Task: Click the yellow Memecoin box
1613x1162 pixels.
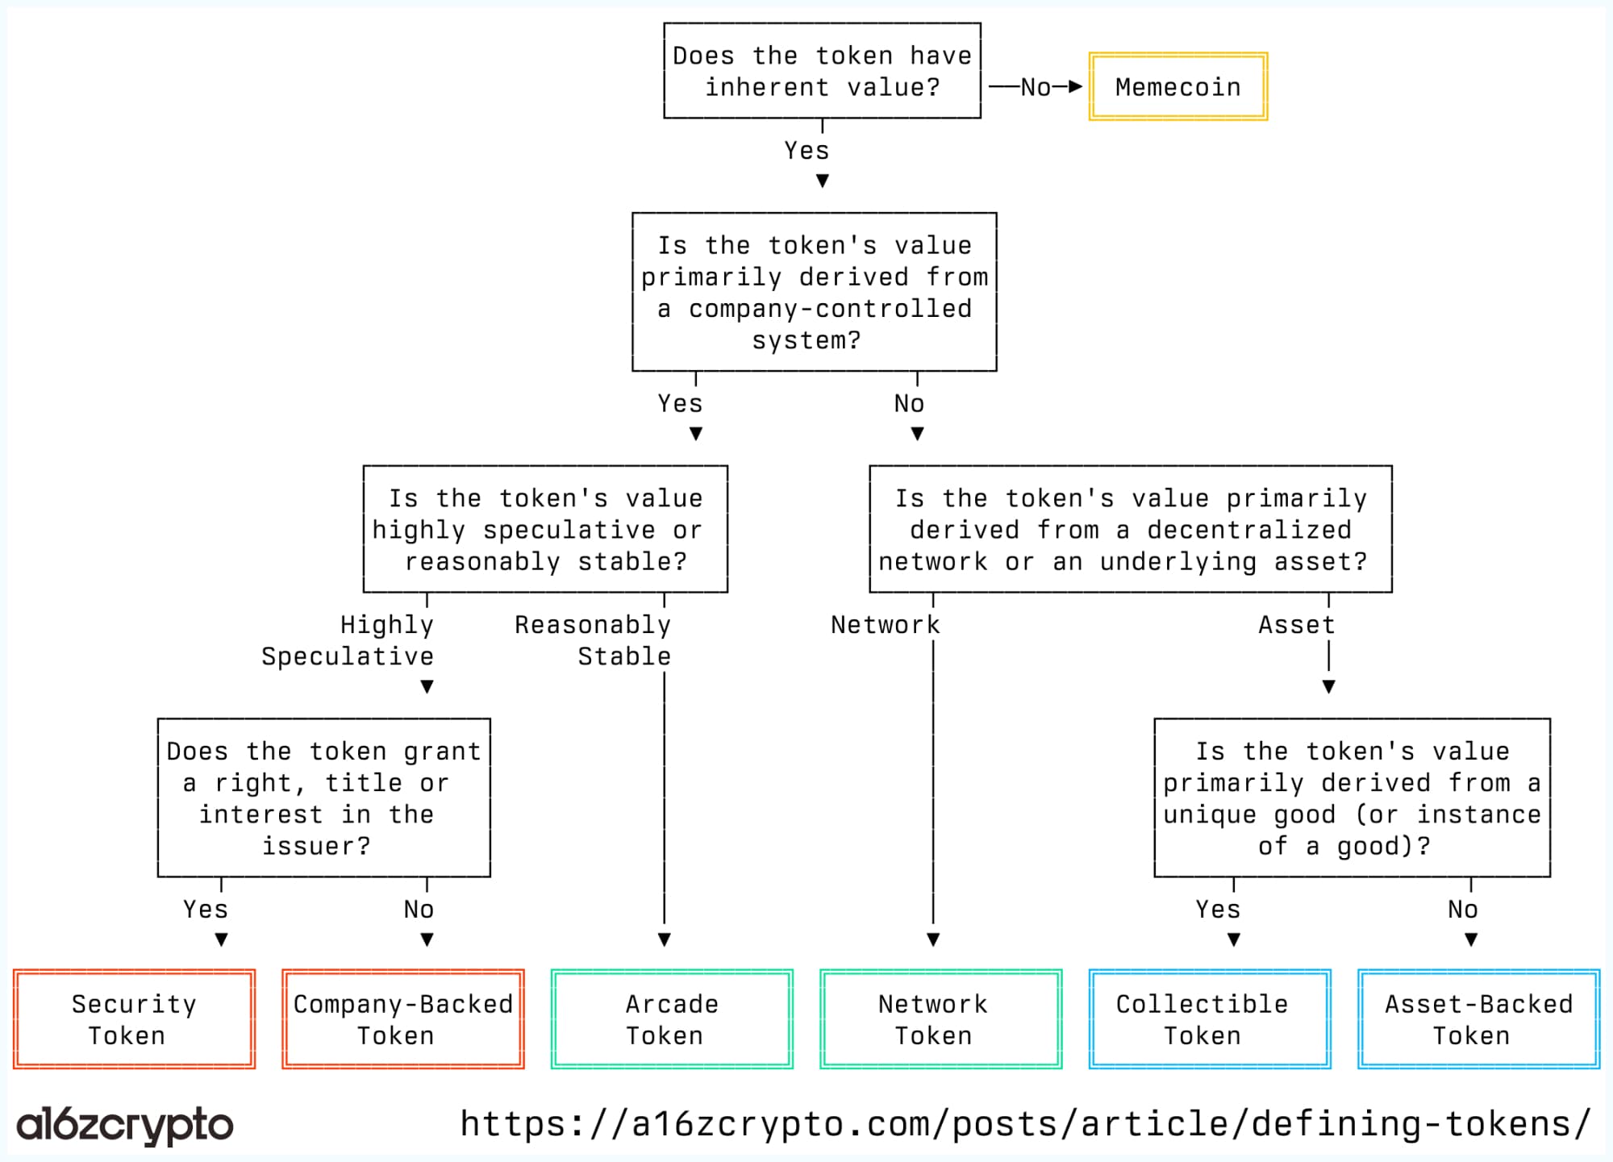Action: (1177, 86)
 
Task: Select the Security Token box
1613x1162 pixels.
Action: (134, 1019)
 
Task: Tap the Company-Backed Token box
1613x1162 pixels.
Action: (403, 1019)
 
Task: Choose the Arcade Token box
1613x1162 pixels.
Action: (672, 1019)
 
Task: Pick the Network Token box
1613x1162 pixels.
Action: (940, 1019)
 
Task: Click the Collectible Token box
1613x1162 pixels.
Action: (1210, 1019)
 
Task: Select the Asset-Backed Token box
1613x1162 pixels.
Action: (1478, 1019)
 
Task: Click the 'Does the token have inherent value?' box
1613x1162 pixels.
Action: (822, 71)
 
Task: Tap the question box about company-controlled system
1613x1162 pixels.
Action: (814, 292)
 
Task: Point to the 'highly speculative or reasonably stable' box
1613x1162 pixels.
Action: (545, 529)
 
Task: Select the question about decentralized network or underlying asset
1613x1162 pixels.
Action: (1130, 529)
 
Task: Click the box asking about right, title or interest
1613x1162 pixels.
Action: (323, 798)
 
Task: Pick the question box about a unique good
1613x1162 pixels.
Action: (1352, 798)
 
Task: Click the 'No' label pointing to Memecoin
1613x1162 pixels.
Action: (1036, 87)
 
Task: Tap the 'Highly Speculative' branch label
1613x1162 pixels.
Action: (348, 640)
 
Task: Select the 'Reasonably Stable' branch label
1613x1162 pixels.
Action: (594, 640)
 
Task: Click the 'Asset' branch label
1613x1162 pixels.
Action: (1296, 625)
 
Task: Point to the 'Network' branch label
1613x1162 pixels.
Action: (885, 625)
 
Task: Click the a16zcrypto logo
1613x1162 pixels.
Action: (125, 1124)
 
